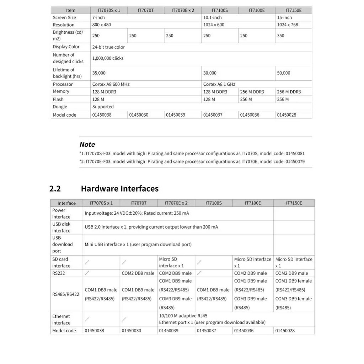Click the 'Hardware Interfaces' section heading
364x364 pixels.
point(119,188)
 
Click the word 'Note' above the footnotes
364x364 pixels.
point(87,144)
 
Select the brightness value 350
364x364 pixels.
point(280,36)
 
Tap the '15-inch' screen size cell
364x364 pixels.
point(284,17)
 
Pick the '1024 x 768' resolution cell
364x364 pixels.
point(288,25)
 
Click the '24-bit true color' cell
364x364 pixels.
point(108,47)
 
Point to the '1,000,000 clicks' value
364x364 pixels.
point(108,58)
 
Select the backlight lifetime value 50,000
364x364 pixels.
point(283,73)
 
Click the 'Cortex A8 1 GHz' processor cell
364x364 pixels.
point(219,84)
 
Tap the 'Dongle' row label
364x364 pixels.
point(60,107)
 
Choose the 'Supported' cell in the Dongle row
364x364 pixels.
point(103,107)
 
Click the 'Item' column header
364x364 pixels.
point(70,10)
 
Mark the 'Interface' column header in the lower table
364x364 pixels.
point(66,203)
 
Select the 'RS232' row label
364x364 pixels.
point(59,273)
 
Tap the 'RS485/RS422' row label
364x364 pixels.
point(65,294)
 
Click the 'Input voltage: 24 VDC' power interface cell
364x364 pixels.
point(137,213)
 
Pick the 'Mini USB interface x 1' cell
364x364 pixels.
point(138,245)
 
